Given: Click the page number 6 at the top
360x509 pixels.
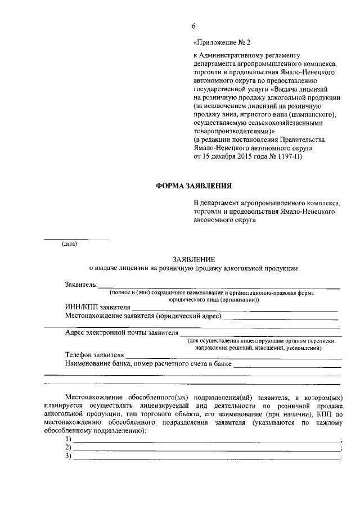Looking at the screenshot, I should tap(193, 26).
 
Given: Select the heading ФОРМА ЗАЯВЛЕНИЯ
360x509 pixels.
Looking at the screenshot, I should tap(193, 186).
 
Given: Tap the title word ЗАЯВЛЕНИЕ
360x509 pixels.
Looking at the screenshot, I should tap(193, 259).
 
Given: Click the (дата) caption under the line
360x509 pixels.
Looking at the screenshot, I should tap(69, 244).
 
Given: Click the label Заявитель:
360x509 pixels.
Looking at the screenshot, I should tap(82, 285).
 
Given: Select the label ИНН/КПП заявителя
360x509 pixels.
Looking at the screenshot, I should tap(98, 308).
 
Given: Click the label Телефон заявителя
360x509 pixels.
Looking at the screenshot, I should tap(94, 355).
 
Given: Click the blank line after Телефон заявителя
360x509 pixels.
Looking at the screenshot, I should tap(233, 357).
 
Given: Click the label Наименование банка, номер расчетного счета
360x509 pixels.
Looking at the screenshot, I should tap(148, 364).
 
